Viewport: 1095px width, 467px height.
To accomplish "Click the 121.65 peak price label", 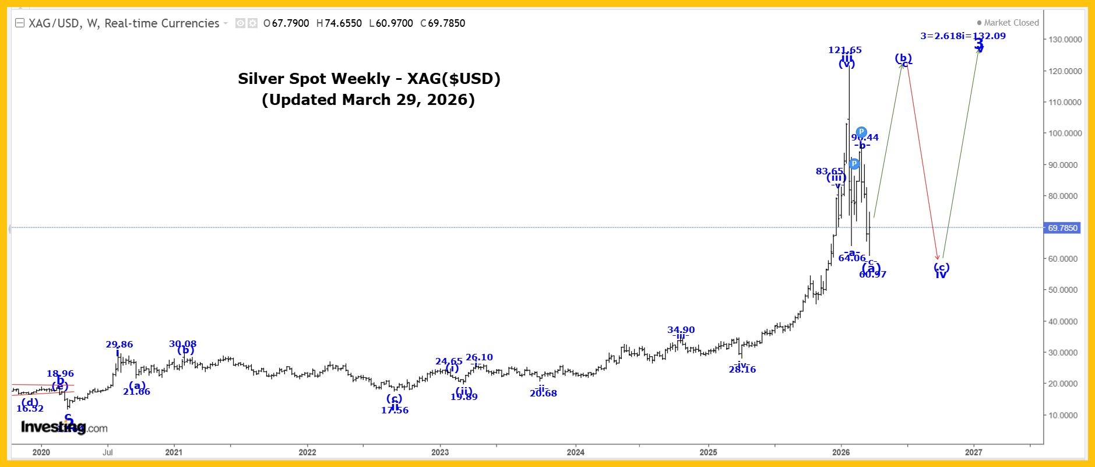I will click(844, 50).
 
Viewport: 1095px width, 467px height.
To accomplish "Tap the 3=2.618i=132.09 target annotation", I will click(963, 36).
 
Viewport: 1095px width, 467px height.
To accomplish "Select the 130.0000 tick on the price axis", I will click(1065, 40).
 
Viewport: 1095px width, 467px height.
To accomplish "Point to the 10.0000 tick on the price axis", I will click(1065, 416).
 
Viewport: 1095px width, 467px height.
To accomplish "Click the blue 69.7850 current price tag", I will click(1062, 228).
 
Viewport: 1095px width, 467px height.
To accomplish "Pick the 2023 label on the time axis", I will click(440, 452).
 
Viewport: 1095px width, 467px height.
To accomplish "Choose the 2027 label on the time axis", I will click(973, 452).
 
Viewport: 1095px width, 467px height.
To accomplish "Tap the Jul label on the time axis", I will click(108, 452).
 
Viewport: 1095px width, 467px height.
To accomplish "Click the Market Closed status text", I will click(1011, 23).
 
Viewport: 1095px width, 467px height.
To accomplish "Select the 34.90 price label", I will click(681, 330).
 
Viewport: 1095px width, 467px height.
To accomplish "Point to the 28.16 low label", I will click(742, 370).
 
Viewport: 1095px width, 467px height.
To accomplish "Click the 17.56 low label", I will click(395, 410).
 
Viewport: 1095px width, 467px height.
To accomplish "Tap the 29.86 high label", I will click(119, 345).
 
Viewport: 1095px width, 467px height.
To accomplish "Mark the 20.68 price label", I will click(543, 394).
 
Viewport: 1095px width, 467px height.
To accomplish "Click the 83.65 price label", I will click(829, 171).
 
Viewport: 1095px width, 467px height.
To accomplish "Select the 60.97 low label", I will click(872, 275).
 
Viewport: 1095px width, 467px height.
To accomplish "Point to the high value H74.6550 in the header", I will click(339, 23).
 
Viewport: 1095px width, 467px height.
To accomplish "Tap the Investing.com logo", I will click(64, 428).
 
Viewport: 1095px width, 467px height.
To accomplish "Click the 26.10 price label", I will click(479, 357).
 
